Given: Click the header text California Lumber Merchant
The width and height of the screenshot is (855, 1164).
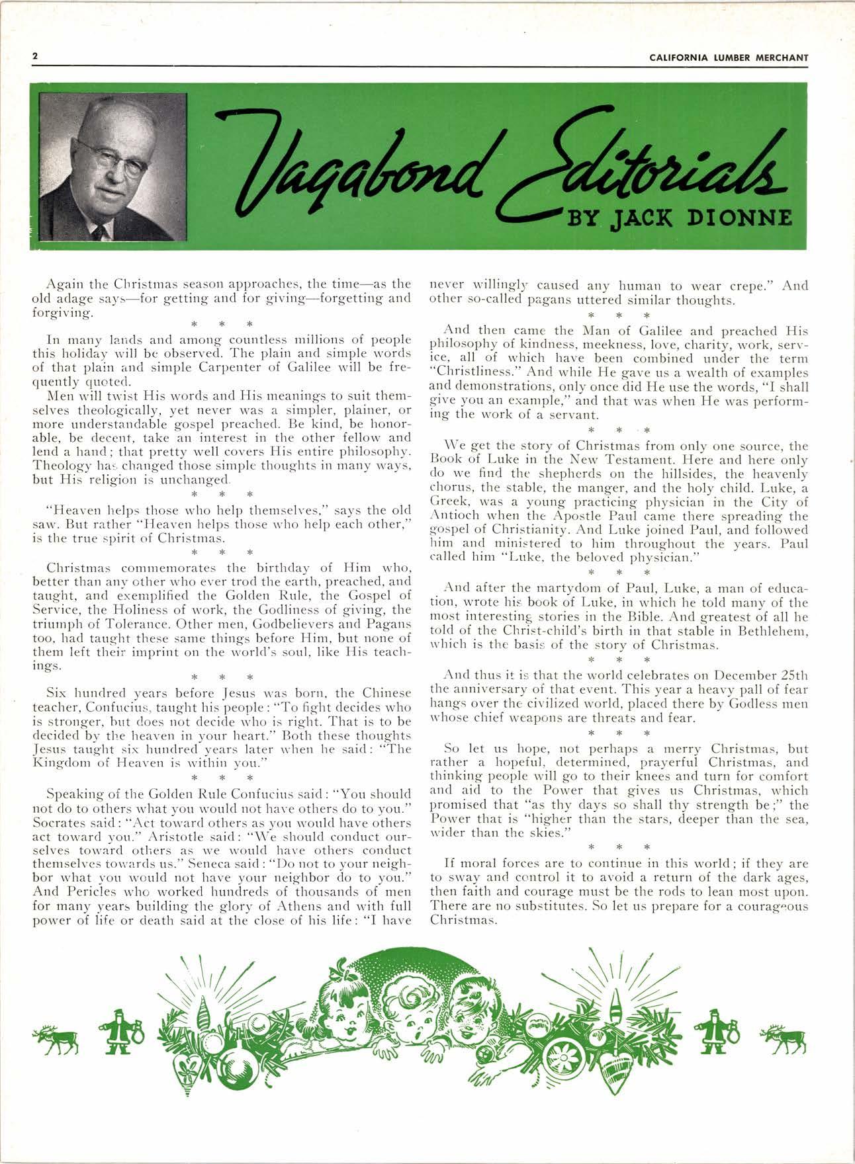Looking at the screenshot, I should point(729,58).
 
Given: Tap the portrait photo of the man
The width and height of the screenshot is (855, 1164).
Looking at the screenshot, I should point(113,167).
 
